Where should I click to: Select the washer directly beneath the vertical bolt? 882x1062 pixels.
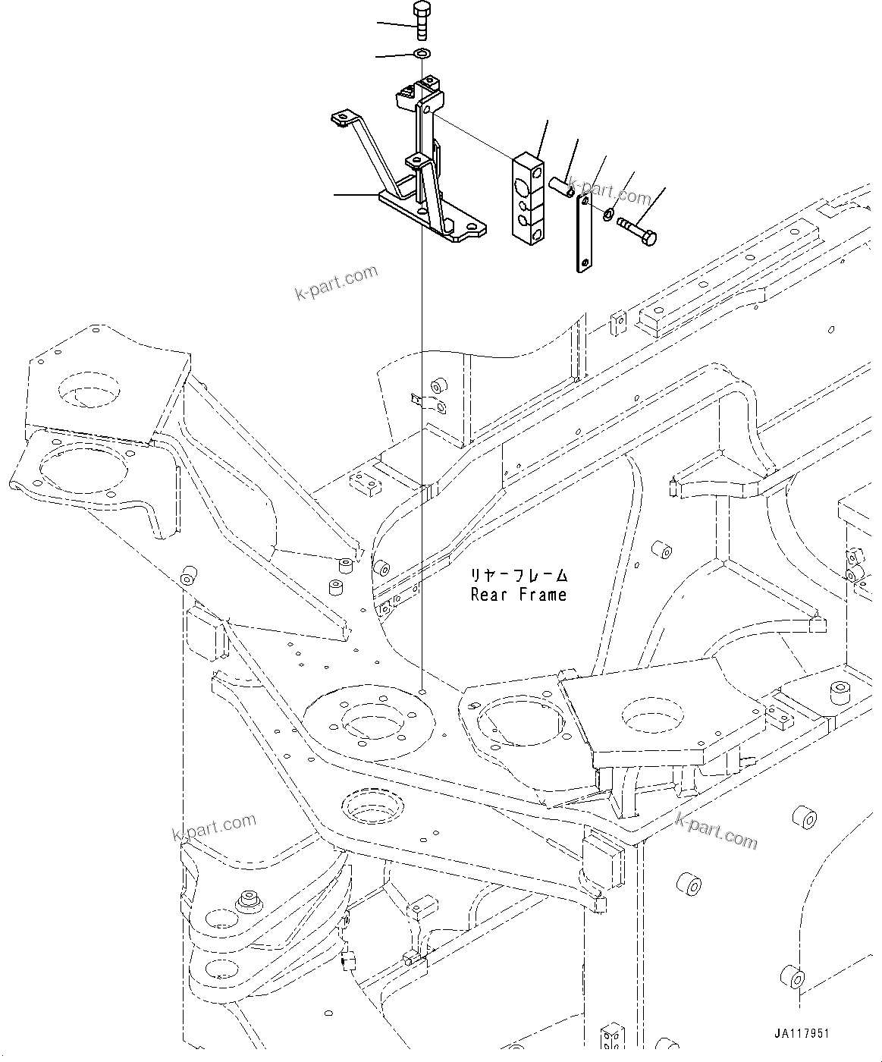[x=422, y=54]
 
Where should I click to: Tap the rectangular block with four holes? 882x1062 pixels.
[x=529, y=200]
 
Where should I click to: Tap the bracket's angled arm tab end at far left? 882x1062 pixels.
[x=341, y=118]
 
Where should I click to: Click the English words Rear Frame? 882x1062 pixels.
[x=519, y=595]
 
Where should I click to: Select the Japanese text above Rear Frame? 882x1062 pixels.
[x=519, y=577]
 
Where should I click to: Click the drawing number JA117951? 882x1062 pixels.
[x=802, y=1034]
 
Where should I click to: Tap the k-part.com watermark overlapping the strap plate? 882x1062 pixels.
[x=610, y=193]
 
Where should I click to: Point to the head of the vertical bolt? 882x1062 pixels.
[x=421, y=11]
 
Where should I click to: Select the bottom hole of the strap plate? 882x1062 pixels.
[x=585, y=264]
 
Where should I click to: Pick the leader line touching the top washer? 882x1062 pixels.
[x=395, y=55]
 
